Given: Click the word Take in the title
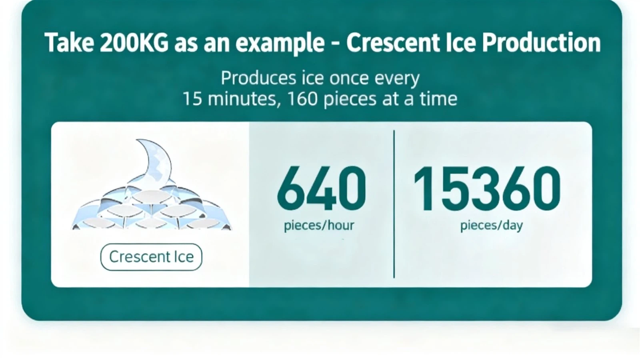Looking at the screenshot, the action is pos(70,42).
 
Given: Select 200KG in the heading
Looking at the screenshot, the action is pos(134,42).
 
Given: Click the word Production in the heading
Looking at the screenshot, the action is pos(541,42).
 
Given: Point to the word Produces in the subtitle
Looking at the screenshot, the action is pos(258,78).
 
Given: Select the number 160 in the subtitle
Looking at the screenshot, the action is pos(302,99).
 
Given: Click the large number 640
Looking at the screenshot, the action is pos(322,188).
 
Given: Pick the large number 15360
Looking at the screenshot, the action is pos(487,188).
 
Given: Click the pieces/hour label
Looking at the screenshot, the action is pos(319,226).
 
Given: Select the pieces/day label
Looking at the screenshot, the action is pos(492,226).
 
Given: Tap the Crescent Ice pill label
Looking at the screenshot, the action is pos(151,257).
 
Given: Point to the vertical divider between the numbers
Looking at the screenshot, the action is pos(394,204).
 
